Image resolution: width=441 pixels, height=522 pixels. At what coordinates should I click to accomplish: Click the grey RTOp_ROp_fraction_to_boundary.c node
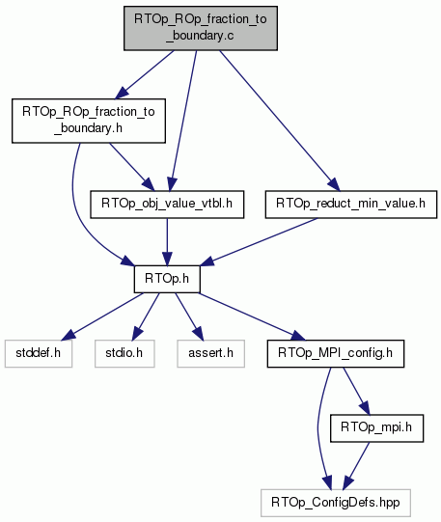(201, 28)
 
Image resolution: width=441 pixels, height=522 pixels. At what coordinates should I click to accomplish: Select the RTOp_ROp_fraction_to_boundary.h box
(89, 121)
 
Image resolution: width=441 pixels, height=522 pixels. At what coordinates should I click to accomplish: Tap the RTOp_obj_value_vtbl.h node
(167, 205)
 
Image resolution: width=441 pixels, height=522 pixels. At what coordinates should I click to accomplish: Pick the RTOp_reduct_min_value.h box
(351, 205)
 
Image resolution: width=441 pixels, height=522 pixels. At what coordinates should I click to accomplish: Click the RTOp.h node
(167, 279)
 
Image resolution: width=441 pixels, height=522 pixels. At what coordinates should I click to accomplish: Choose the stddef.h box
(39, 353)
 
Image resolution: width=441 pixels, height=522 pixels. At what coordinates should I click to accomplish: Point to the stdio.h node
(124, 353)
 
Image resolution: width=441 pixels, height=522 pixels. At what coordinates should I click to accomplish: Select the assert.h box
(211, 353)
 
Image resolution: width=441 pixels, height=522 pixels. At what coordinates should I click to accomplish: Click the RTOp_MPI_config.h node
(336, 353)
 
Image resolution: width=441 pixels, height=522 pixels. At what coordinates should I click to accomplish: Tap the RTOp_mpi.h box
(376, 428)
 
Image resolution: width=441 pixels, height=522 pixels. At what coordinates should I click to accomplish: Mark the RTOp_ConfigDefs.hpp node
(336, 503)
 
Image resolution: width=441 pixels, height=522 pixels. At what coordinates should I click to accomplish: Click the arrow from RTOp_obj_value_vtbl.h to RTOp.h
(167, 242)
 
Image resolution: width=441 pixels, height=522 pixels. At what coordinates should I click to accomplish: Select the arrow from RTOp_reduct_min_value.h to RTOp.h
(259, 242)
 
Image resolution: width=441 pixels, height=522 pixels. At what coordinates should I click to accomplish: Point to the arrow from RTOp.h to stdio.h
(146, 316)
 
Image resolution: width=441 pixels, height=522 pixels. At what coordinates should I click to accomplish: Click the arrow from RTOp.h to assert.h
(189, 316)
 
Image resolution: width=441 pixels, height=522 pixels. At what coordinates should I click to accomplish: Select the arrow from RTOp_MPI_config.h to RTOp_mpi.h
(356, 391)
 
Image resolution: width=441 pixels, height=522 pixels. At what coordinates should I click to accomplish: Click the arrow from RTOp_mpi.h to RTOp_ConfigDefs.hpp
(356, 466)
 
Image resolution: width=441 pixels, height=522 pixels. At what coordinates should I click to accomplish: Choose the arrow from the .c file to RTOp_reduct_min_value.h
(279, 121)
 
